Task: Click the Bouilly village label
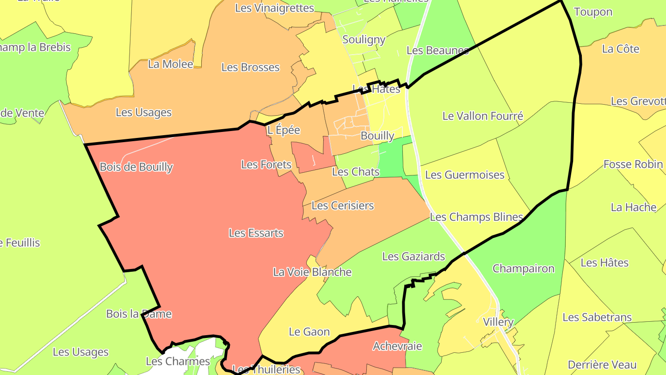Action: [377, 136]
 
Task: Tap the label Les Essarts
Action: [256, 233]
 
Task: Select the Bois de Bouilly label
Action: [136, 167]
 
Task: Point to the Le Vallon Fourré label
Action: [483, 116]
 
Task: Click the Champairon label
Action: [523, 269]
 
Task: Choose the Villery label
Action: [498, 322]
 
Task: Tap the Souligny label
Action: [364, 40]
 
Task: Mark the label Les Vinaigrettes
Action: [275, 8]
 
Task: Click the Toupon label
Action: [593, 12]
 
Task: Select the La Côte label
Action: [621, 49]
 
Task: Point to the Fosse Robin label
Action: [633, 164]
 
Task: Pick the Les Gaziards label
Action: [413, 256]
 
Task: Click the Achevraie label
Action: [391, 346]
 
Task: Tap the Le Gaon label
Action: [309, 332]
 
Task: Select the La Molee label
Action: [171, 64]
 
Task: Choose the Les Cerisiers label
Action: [343, 206]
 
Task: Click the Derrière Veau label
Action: [602, 365]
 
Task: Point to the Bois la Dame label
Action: [139, 314]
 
